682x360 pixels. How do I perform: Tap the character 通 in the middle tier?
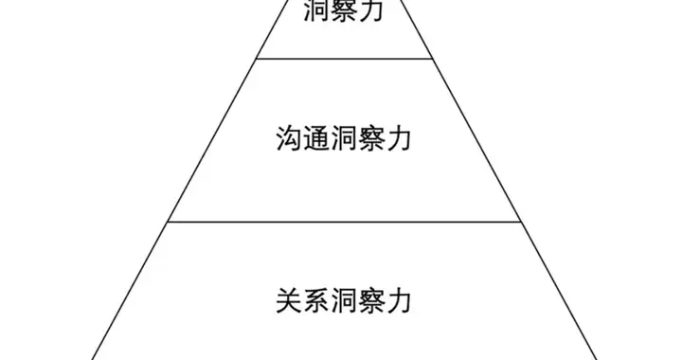[315, 139]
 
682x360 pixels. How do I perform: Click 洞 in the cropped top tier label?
[316, 11]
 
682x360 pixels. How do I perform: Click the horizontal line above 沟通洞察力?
[346, 59]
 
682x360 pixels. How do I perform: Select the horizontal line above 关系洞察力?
[346, 222]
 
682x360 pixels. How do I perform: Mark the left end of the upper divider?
[258, 59]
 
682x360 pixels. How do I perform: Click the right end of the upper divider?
[434, 59]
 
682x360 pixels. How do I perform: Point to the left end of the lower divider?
[169, 222]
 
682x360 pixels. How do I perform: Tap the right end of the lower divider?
[522, 222]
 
